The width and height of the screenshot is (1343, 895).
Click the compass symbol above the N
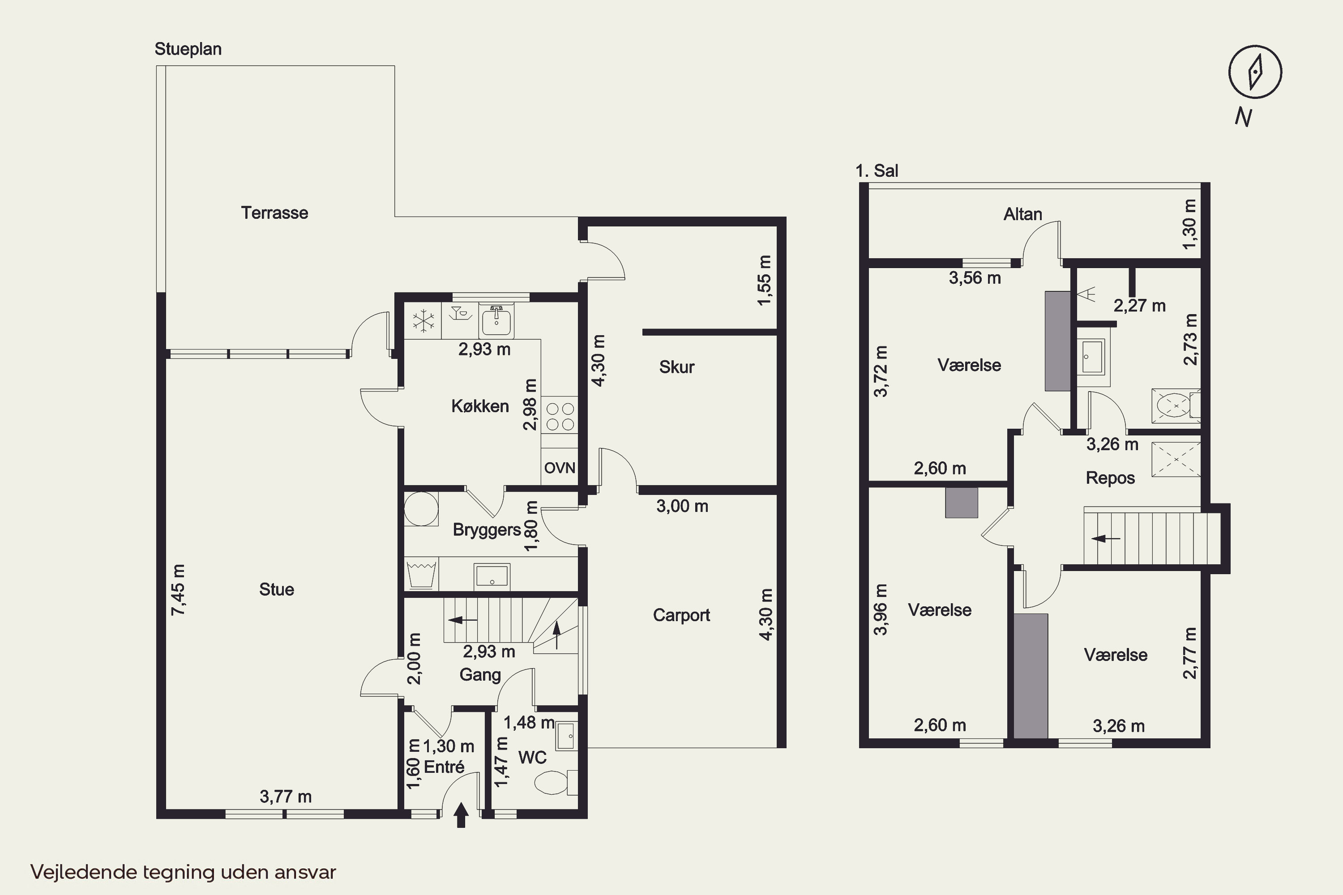1255,72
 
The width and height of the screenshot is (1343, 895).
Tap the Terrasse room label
275,213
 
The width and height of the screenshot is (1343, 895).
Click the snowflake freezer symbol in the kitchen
423,321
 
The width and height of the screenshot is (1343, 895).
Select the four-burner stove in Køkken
560,416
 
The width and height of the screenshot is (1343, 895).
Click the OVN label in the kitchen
560,468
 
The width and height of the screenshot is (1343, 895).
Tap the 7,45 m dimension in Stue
178,590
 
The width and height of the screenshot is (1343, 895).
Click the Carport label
681,615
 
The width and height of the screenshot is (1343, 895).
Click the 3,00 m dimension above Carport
682,506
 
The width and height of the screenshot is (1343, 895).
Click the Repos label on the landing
1110,478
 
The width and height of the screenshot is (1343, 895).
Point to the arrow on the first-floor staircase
1106,538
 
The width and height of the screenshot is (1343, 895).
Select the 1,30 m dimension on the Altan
1189,224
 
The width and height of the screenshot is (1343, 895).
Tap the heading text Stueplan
188,49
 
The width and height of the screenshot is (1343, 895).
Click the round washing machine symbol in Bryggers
421,508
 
